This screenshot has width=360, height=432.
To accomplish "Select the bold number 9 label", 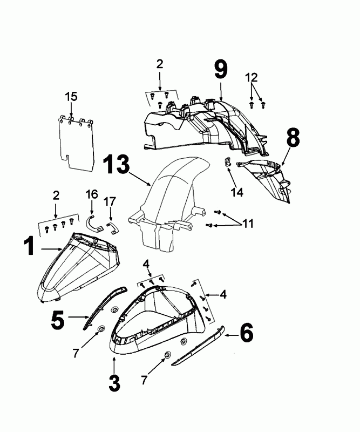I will point(220,69).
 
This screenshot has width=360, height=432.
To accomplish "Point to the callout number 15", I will point(71,97).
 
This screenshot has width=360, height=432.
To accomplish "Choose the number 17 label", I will point(110,202).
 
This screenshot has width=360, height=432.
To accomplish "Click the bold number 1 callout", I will point(30,247).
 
